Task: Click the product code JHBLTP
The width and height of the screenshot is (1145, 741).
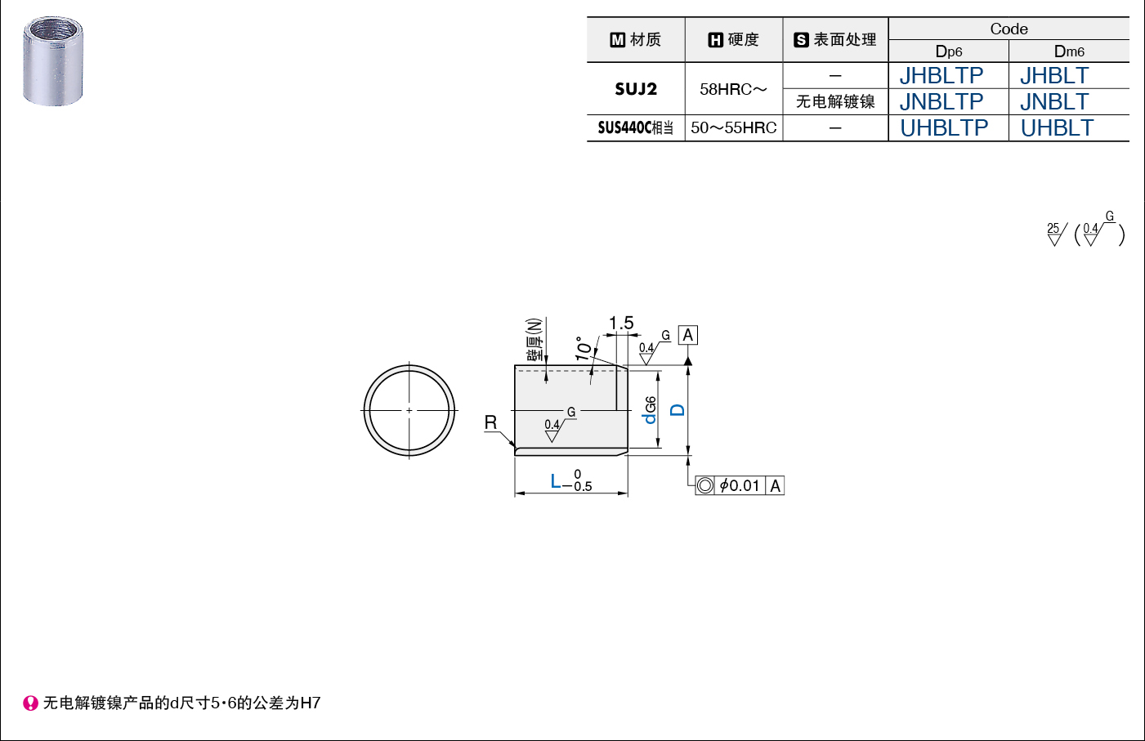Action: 941,76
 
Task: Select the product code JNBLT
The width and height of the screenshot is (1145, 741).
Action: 1054,101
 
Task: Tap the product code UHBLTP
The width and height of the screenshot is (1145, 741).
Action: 944,127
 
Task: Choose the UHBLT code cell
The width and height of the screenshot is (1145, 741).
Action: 1057,127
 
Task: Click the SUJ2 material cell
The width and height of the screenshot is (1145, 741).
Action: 635,89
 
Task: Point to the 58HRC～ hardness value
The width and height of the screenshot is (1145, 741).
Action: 733,89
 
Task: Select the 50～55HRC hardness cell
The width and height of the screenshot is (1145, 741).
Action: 734,127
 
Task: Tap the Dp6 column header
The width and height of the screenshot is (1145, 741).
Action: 949,51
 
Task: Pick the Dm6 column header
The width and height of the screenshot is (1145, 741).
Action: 1069,51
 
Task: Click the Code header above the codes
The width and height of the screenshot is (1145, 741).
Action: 1009,29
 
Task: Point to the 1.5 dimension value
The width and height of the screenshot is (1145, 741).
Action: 621,323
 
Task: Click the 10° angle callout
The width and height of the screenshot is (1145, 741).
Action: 584,349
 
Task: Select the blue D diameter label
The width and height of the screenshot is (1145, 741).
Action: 678,410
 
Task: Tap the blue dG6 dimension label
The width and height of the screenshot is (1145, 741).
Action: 649,410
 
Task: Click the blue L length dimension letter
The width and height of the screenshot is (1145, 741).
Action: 556,481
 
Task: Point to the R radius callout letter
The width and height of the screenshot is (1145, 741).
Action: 490,422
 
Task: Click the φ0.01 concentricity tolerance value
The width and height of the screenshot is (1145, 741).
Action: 740,485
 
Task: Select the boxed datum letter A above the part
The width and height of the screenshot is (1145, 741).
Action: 688,335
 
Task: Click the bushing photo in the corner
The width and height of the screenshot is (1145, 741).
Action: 52,61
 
